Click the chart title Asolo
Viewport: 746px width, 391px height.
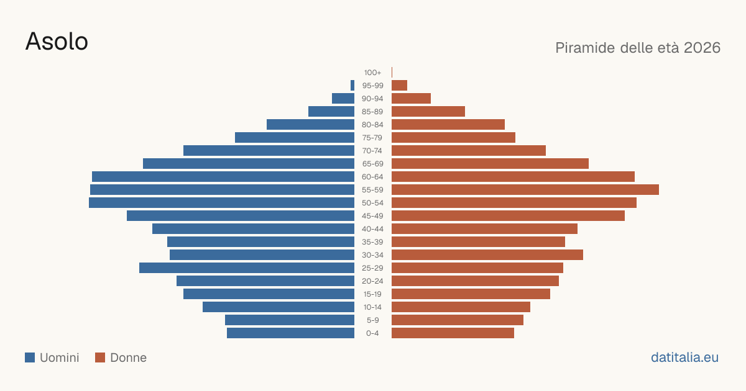point(57,42)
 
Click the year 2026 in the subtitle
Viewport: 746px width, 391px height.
point(702,48)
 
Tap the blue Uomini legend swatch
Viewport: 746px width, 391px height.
point(30,357)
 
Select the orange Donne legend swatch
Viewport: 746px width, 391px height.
point(100,357)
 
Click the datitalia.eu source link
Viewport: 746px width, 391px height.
point(684,357)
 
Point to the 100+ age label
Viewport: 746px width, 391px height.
point(372,73)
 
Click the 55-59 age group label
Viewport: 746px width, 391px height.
point(372,190)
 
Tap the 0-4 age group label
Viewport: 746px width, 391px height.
point(372,333)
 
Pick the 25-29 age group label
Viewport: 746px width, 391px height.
point(372,268)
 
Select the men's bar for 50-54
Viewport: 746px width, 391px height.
point(221,203)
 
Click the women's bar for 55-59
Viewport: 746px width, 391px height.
point(525,190)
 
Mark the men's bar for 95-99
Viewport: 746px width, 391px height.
point(352,86)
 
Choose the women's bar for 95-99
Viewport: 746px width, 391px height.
point(399,86)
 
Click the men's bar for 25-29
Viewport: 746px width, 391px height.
point(247,268)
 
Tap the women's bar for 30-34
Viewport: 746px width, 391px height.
point(487,255)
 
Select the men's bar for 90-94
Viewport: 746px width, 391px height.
point(343,99)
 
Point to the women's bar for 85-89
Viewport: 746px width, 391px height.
point(428,111)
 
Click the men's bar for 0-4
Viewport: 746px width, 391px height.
point(291,333)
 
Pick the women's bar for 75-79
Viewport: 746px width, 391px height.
point(453,138)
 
